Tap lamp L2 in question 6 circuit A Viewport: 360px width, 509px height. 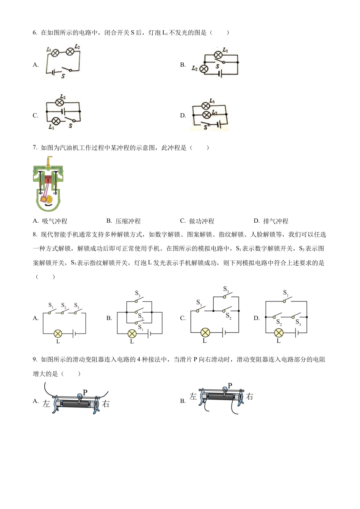click(x=70, y=51)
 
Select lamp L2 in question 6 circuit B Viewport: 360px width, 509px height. click(x=204, y=69)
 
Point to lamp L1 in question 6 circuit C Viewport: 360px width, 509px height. click(x=56, y=121)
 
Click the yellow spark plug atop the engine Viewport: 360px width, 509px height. click(x=48, y=162)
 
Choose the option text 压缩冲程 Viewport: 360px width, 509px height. click(x=128, y=221)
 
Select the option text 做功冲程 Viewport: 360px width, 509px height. click(x=202, y=221)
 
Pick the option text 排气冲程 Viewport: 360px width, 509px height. click(x=275, y=221)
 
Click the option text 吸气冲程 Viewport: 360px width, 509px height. click(x=55, y=221)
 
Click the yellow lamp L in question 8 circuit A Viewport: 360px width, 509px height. click(x=58, y=333)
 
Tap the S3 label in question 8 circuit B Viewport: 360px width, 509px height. click(x=138, y=294)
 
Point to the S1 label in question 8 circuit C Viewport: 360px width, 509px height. click(x=199, y=302)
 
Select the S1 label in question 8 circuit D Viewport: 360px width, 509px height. click(x=286, y=293)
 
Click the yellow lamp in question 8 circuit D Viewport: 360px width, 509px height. click(x=279, y=333)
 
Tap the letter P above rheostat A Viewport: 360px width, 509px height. click(x=85, y=392)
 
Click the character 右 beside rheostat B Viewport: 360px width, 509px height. click(x=249, y=397)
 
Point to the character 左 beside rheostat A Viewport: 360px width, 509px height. click(x=46, y=404)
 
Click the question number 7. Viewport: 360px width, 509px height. click(x=35, y=148)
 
